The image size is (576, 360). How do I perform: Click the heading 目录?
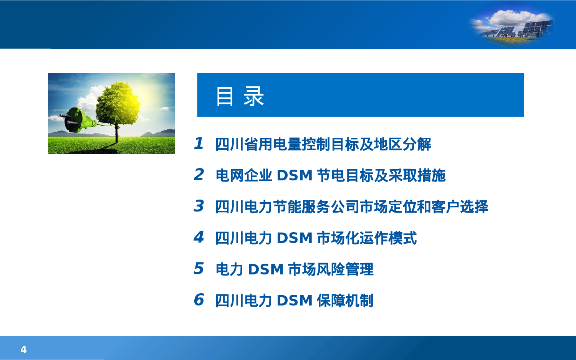coord(240,96)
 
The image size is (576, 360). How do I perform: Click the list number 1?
coord(199,144)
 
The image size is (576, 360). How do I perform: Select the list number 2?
coord(199,175)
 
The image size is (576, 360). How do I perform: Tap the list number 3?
coord(199,206)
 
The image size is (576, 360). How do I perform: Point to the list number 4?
coord(199,237)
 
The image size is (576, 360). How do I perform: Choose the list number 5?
coord(199,269)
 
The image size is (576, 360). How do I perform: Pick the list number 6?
coord(199,300)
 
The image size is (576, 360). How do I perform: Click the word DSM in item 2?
coord(295,176)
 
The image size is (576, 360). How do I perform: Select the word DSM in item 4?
coord(295,238)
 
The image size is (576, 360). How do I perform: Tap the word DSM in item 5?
coord(266,269)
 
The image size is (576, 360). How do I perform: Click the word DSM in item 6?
coord(295,301)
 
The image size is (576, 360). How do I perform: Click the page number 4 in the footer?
coord(23,350)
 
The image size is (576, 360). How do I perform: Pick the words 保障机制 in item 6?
coord(344,301)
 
